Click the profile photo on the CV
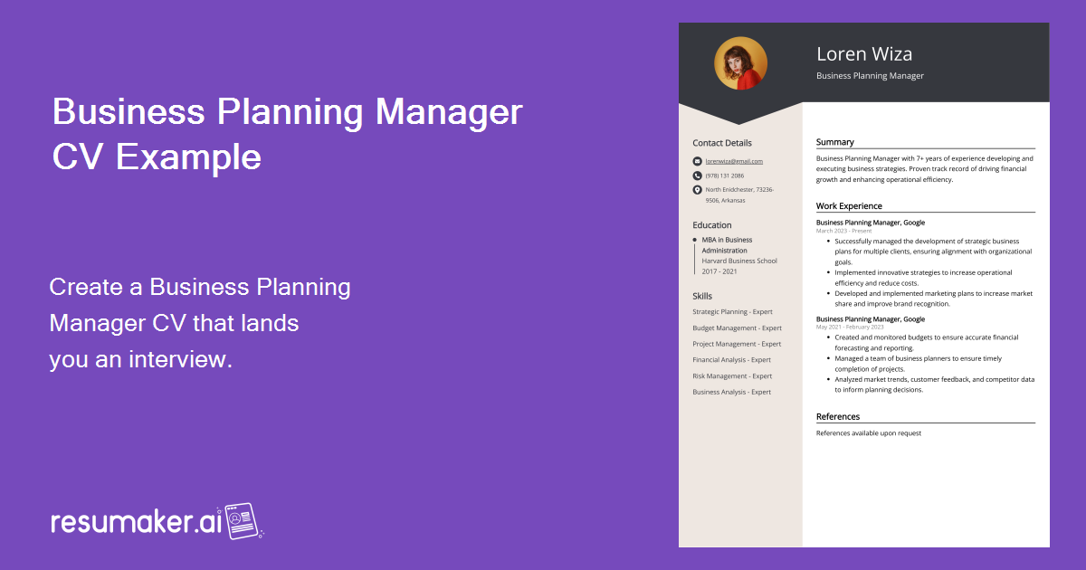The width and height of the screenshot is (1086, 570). click(x=740, y=63)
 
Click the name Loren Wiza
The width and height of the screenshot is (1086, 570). click(x=864, y=53)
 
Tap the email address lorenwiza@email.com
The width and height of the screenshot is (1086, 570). click(x=734, y=161)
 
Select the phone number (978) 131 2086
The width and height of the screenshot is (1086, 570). click(x=725, y=176)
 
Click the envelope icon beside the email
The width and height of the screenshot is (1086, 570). click(x=697, y=161)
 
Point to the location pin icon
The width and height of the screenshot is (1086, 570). click(x=697, y=190)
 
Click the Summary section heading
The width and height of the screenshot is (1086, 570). click(x=834, y=142)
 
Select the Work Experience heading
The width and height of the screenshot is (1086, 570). click(x=849, y=206)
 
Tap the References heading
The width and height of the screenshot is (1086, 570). click(x=838, y=417)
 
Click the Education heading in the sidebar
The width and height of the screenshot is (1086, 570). click(x=712, y=225)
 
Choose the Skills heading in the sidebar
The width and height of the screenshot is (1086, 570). click(x=702, y=296)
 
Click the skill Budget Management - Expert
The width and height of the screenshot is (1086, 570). click(x=737, y=328)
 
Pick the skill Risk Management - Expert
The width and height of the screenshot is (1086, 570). click(x=732, y=376)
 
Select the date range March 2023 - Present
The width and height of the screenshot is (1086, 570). click(x=844, y=231)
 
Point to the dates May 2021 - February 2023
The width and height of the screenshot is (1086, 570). click(x=850, y=327)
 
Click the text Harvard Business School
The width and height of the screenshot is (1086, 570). click(x=739, y=261)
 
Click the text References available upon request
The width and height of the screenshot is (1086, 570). click(x=868, y=433)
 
